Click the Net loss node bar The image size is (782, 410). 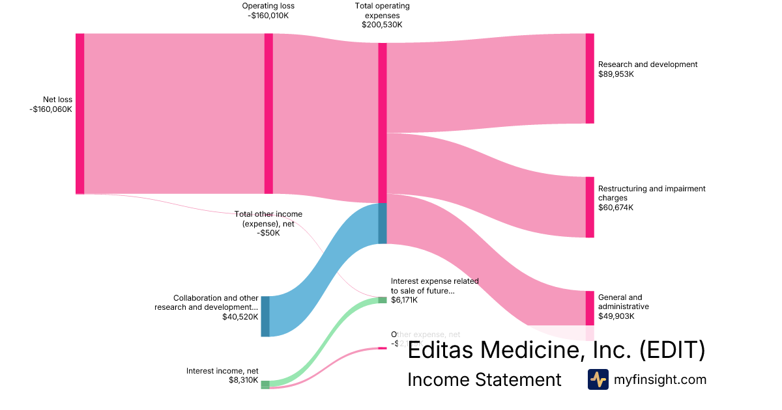(80, 113)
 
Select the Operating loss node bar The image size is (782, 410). (268, 113)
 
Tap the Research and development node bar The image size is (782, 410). (590, 78)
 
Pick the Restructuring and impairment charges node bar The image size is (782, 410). (590, 207)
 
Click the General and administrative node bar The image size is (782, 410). (590, 308)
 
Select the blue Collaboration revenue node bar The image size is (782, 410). (265, 316)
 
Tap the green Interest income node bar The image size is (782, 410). (265, 385)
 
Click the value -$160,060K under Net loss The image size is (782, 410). (51, 109)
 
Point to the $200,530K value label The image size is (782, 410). (382, 25)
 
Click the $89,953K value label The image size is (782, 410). (616, 74)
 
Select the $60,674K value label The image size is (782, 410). (616, 208)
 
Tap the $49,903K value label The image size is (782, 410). (616, 316)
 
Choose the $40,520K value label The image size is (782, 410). (240, 317)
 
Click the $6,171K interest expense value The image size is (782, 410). (404, 300)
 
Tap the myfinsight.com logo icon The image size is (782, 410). (598, 379)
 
